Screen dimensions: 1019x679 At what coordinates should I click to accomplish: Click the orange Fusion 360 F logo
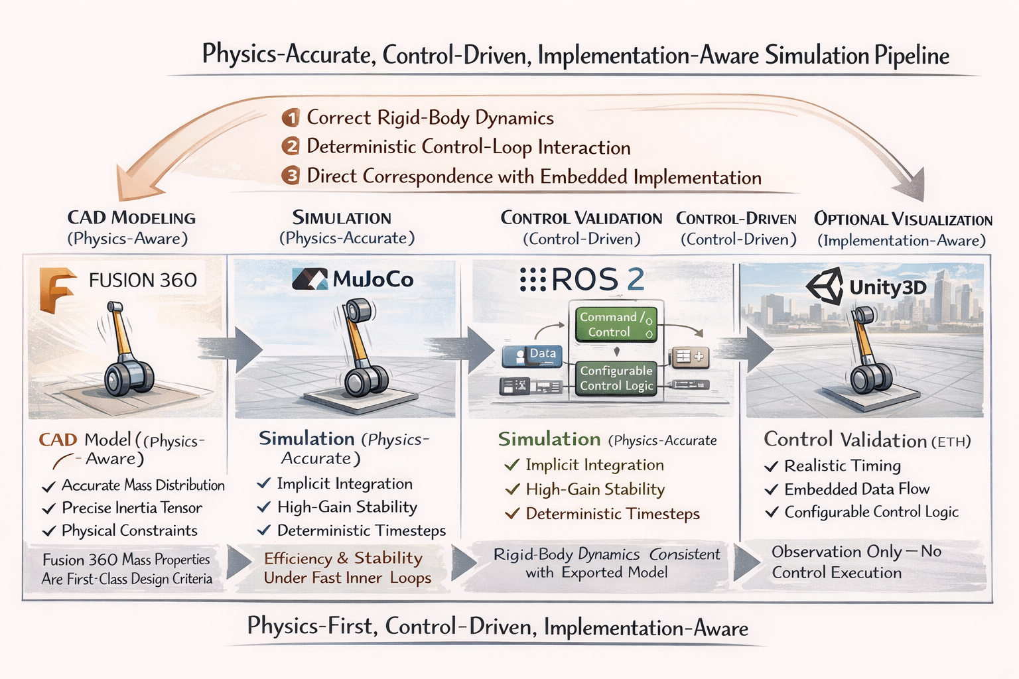pyautogui.click(x=56, y=290)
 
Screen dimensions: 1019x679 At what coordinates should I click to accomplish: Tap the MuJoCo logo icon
pyautogui.click(x=310, y=278)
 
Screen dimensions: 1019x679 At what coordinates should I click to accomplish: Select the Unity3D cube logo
pyautogui.click(x=825, y=286)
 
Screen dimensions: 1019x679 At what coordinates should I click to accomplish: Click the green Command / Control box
pyautogui.click(x=616, y=324)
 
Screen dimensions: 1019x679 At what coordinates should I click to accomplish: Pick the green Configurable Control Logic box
pyautogui.click(x=616, y=379)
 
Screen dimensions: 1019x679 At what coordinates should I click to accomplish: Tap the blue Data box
pyautogui.click(x=532, y=355)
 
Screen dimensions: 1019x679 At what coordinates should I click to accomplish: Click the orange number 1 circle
pyautogui.click(x=291, y=118)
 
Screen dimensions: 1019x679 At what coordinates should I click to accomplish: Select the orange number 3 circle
pyautogui.click(x=291, y=176)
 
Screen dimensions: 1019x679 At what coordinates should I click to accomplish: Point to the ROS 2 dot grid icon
pyautogui.click(x=533, y=278)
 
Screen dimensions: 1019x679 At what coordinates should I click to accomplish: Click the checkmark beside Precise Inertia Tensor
pyautogui.click(x=48, y=509)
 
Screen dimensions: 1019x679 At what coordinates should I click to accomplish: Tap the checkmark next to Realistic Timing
pyautogui.click(x=771, y=466)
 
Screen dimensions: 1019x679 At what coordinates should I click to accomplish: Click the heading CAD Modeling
pyautogui.click(x=131, y=218)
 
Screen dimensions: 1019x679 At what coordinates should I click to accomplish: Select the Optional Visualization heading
pyautogui.click(x=903, y=219)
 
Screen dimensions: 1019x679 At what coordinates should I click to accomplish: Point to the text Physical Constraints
pyautogui.click(x=129, y=530)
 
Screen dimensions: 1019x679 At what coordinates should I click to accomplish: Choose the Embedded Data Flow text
pyautogui.click(x=857, y=489)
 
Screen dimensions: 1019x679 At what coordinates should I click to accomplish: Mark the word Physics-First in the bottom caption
pyautogui.click(x=312, y=626)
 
